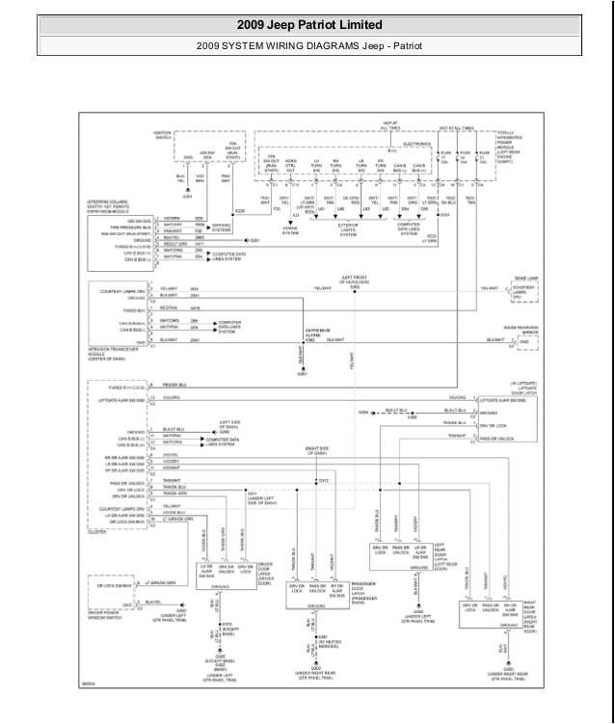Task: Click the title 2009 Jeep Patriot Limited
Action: [307, 24]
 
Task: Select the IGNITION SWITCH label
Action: [162, 136]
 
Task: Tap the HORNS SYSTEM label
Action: [290, 231]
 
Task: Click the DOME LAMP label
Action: [524, 278]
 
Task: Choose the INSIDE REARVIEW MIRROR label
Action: [524, 329]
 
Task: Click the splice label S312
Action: [325, 479]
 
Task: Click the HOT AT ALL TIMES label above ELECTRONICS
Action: [390, 126]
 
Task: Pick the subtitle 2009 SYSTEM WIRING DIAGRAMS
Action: [307, 45]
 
